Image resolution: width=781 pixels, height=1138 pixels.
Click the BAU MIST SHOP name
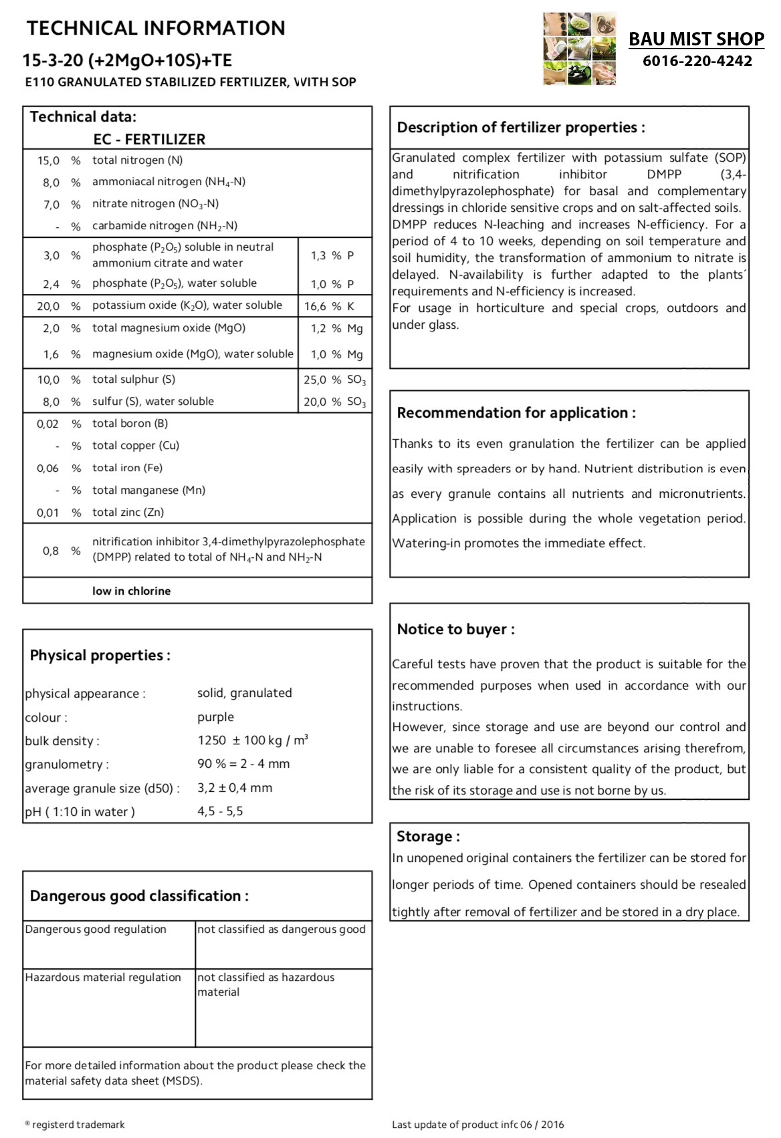(x=696, y=39)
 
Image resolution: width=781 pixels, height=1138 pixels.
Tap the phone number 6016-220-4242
(x=697, y=61)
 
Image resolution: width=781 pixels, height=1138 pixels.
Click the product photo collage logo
(x=580, y=49)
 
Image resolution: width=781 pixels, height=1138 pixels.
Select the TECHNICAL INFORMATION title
(x=156, y=28)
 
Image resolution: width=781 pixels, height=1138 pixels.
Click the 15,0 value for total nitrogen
(x=48, y=160)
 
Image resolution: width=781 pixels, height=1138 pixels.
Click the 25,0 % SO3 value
(x=334, y=380)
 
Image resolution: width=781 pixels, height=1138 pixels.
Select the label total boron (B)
(x=130, y=424)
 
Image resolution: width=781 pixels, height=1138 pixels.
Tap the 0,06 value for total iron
(x=48, y=468)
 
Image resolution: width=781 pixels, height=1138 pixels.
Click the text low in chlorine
(x=131, y=591)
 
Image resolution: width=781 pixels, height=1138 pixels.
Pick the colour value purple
(x=215, y=717)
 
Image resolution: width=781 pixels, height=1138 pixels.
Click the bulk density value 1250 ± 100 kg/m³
(x=253, y=740)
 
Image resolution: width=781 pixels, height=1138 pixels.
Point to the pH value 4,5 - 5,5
(x=220, y=811)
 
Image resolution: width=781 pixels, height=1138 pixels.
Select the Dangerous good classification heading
(x=139, y=896)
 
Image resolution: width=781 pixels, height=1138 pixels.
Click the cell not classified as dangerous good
(x=281, y=930)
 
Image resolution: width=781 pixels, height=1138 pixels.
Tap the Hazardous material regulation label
(x=103, y=978)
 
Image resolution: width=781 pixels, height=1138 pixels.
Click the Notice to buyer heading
(x=455, y=629)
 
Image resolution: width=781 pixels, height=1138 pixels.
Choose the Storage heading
(x=428, y=837)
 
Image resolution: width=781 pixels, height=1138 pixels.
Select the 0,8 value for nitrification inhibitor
(x=51, y=551)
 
